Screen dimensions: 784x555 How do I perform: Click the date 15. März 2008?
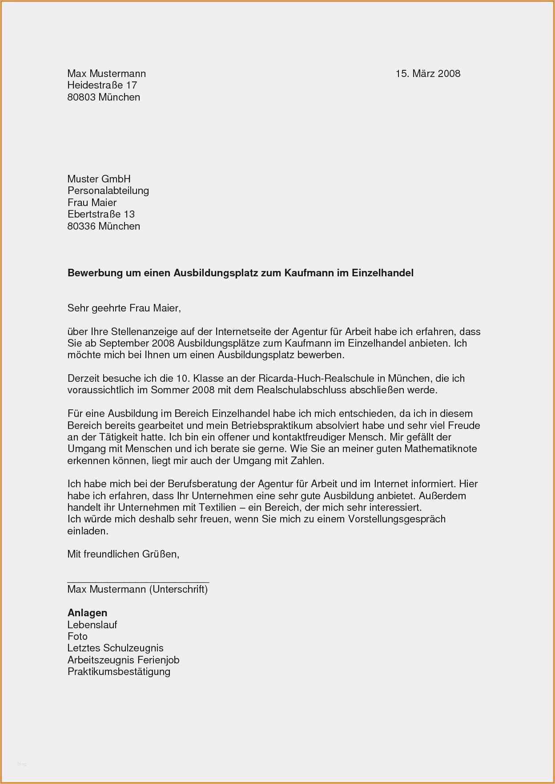coord(428,74)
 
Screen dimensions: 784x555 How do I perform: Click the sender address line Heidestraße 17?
coord(102,85)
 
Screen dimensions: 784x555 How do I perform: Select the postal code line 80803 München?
coord(104,97)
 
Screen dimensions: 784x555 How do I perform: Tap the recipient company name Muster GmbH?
coord(99,179)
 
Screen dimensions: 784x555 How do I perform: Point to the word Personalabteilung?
coord(108,191)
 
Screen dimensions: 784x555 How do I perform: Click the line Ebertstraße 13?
coord(101,214)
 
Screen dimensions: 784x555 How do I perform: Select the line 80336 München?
coord(104,226)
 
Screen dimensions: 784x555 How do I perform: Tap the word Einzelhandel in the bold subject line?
coord(382,273)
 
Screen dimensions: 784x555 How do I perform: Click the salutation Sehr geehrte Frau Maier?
coord(124,308)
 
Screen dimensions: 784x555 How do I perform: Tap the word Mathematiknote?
coord(440,449)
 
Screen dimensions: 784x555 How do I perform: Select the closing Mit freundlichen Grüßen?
coord(123,554)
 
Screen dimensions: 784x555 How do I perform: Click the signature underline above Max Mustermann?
coord(138,582)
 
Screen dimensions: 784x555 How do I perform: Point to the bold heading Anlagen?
coord(87,613)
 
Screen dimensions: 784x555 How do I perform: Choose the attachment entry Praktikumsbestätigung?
coord(119,672)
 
